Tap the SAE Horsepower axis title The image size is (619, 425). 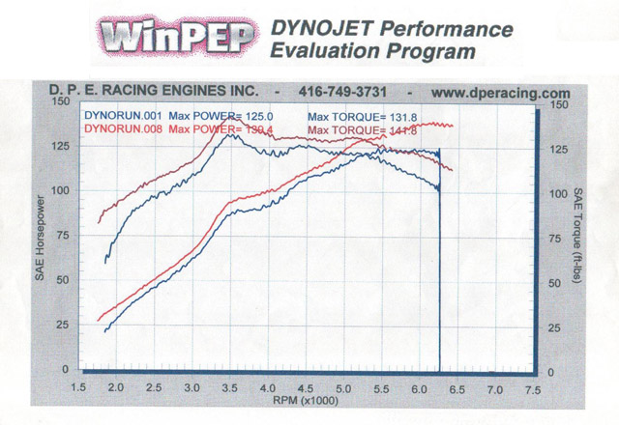point(41,237)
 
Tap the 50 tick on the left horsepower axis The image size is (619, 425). point(65,279)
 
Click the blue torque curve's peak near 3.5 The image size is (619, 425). point(228,134)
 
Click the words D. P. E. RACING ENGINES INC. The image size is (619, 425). point(154,91)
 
